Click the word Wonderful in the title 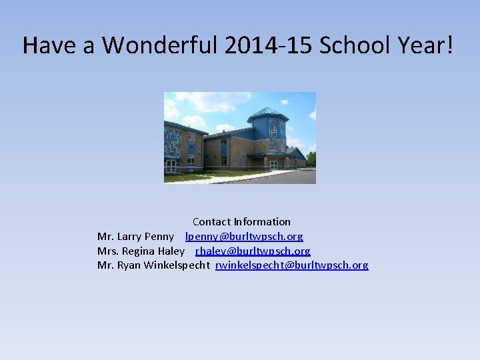coord(160,45)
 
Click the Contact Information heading coord(241,221)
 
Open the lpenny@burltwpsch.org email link coord(244,237)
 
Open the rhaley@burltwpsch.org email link coord(253,251)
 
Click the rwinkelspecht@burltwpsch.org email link coord(291,265)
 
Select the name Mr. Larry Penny coord(136,237)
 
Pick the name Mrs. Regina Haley coord(141,251)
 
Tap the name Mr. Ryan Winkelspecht coord(154,265)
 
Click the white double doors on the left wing coord(171,165)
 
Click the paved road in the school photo coord(280,178)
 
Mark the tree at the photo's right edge coord(311,159)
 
